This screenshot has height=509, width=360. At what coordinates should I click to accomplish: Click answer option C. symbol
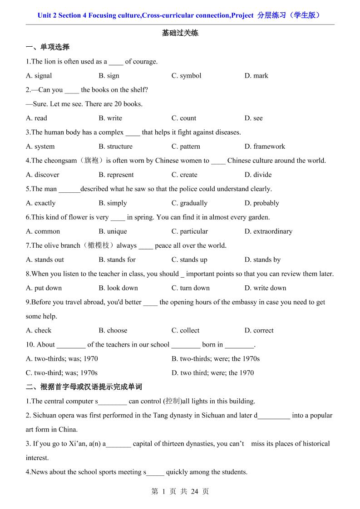(186, 76)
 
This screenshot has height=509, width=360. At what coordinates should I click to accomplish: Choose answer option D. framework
(265, 147)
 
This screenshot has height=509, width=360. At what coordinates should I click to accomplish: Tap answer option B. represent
(116, 175)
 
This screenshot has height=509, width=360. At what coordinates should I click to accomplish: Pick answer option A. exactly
(41, 203)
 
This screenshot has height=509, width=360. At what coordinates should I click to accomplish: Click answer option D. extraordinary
(268, 231)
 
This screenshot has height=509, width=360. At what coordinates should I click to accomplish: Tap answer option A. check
(39, 331)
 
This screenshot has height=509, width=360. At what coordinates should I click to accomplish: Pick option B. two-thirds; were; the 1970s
(216, 359)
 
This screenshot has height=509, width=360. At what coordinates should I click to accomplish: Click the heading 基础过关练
(180, 33)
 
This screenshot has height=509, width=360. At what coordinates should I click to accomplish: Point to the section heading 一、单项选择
(48, 47)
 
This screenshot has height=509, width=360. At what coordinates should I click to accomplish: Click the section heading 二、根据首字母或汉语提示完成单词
(84, 387)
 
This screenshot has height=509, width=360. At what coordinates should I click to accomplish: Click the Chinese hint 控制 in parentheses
(173, 401)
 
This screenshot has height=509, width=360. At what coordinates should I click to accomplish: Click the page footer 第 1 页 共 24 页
(180, 491)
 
